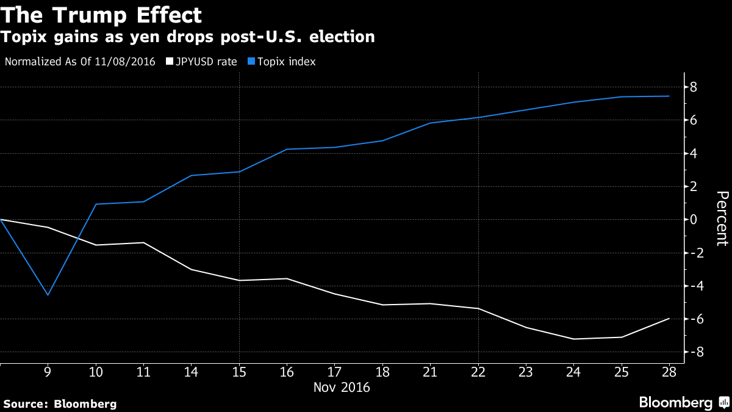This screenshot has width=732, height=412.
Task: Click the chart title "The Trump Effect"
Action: (102, 14)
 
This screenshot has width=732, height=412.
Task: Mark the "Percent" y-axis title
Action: (722, 219)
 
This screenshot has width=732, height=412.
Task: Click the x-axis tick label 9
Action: (48, 370)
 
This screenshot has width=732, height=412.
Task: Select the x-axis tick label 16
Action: (287, 370)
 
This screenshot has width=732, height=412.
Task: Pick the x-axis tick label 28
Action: (669, 370)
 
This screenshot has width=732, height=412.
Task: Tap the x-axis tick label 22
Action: (478, 370)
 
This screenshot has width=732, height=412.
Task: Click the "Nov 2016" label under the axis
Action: (342, 387)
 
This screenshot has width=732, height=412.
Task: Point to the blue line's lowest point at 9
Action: (48, 295)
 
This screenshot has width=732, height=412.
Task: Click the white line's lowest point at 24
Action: (573, 339)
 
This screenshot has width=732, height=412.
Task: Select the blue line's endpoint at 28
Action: (669, 96)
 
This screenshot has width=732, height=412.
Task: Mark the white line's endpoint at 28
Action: (669, 319)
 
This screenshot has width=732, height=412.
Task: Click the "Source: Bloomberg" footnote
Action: (59, 403)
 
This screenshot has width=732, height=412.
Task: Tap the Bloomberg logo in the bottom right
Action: (683, 402)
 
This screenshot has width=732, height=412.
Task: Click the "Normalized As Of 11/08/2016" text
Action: (80, 62)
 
